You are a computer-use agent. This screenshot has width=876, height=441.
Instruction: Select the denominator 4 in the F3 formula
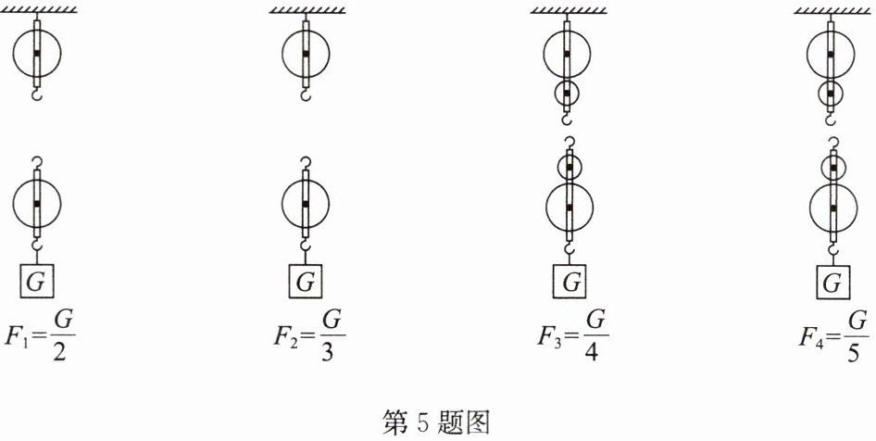[x=596, y=350]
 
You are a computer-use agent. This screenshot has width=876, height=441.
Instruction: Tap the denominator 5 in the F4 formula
[x=857, y=350]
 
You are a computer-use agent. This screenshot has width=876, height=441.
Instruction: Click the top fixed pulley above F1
[x=36, y=54]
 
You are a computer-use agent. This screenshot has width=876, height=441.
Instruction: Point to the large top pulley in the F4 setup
[x=832, y=54]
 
